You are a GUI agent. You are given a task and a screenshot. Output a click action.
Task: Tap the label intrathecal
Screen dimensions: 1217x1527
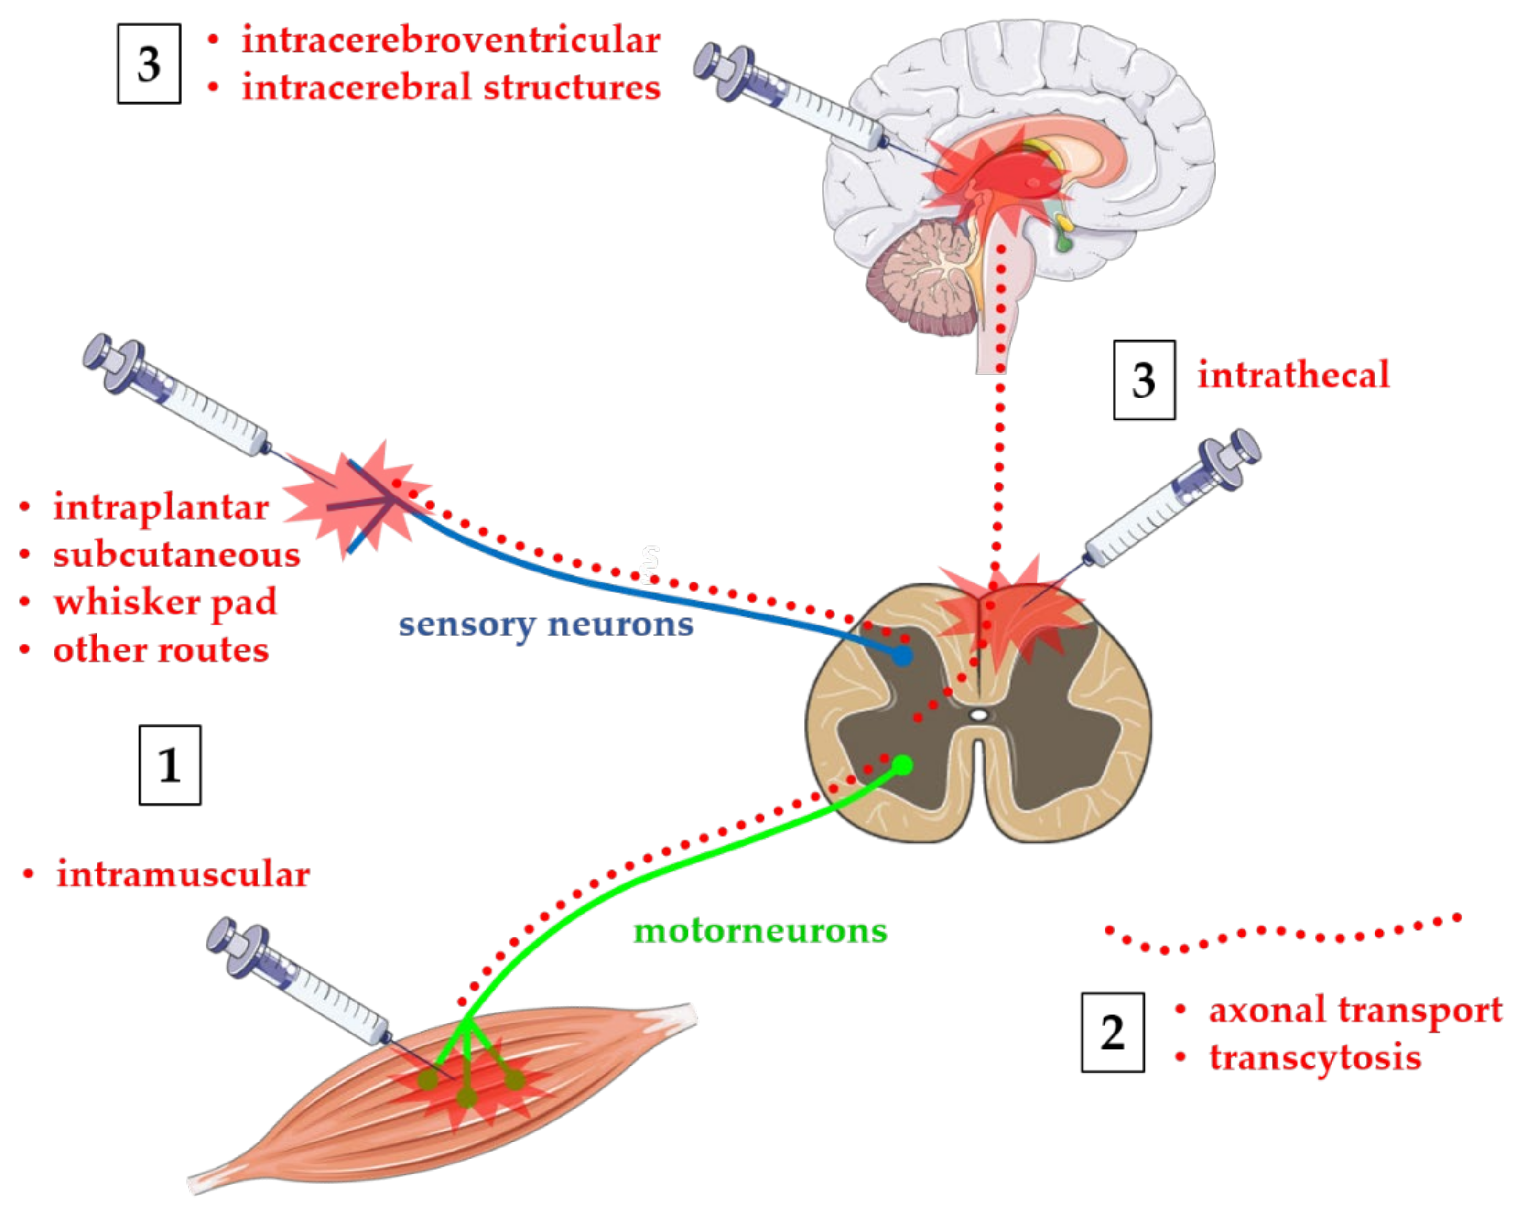point(1292,375)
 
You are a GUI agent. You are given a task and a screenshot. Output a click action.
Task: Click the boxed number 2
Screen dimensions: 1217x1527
point(1112,1032)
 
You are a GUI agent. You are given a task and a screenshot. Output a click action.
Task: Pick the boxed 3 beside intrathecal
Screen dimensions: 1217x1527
point(1144,380)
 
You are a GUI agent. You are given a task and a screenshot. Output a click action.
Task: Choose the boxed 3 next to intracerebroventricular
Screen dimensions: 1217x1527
point(149,64)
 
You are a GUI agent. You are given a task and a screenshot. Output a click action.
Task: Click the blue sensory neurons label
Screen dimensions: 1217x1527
point(545,624)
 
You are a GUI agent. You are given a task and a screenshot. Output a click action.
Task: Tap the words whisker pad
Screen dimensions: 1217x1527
point(165,602)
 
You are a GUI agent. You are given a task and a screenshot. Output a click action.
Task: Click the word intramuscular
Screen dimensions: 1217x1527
point(183,873)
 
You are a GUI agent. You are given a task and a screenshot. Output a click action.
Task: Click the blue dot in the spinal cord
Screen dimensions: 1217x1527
point(901,656)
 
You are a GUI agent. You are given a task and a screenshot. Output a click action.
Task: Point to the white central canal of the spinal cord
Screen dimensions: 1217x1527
point(978,715)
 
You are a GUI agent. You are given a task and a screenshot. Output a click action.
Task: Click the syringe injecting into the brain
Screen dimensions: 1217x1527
point(786,96)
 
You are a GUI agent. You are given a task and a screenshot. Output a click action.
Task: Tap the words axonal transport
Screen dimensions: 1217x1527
point(1354,1010)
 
